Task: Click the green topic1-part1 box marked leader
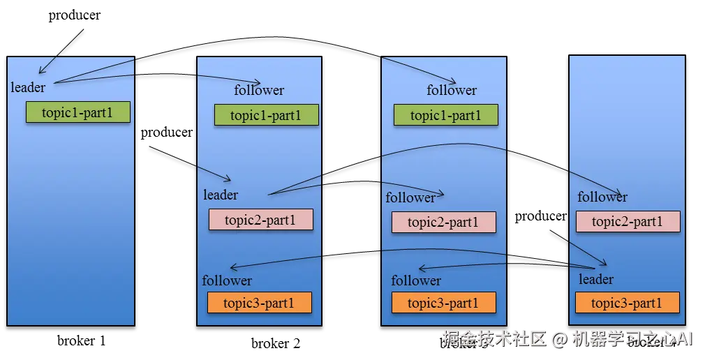click(78, 112)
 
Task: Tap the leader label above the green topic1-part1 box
click(28, 88)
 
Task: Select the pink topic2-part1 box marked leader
click(261, 220)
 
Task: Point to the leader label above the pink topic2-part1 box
click(221, 195)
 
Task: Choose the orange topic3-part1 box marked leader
click(627, 303)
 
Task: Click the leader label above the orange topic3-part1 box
click(596, 280)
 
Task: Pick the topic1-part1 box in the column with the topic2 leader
click(267, 115)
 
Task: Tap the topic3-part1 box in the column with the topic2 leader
click(260, 303)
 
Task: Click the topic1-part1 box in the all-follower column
click(446, 115)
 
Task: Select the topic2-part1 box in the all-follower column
click(444, 223)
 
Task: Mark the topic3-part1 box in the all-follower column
click(444, 303)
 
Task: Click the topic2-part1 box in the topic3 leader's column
click(628, 222)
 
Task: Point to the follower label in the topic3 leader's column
click(602, 197)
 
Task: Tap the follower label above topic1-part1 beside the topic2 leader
click(259, 91)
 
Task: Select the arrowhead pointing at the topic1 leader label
click(41, 71)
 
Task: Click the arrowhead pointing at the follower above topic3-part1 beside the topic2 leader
click(232, 268)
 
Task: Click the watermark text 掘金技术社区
click(493, 339)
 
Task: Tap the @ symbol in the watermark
click(559, 340)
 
